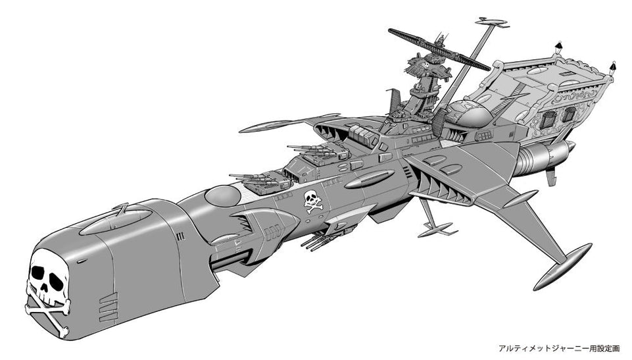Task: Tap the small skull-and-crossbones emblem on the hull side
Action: pyautogui.click(x=313, y=201)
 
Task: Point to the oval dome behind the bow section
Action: pyautogui.click(x=222, y=195)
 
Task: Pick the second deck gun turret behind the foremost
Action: pyautogui.click(x=316, y=155)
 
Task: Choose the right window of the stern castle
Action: pyautogui.click(x=569, y=114)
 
